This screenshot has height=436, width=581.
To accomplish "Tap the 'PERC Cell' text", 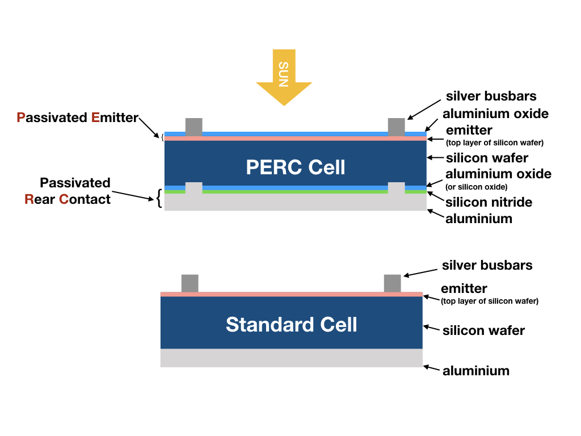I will [295, 167].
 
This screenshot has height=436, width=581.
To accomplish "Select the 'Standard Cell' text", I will [291, 324].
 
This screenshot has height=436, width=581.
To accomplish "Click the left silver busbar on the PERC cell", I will [193, 127].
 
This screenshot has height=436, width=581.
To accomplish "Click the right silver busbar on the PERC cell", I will [396, 127].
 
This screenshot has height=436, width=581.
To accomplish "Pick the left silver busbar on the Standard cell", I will [190, 283].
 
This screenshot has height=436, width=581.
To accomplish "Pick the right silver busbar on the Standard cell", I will [392, 283].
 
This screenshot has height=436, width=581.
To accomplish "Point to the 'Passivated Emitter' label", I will [78, 118].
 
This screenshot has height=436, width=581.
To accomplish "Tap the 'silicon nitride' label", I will [489, 202].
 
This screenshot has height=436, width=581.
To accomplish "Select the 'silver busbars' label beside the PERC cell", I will [491, 96].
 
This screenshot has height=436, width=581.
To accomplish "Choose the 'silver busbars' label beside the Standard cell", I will [487, 265].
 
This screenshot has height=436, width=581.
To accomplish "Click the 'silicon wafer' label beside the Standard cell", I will [483, 330].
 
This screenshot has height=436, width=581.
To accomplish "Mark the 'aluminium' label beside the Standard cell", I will [475, 371].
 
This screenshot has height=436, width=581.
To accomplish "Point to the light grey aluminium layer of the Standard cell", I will [291, 358].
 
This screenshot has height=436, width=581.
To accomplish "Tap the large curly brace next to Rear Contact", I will [159, 198].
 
